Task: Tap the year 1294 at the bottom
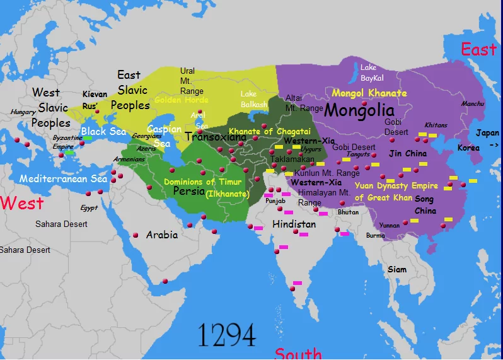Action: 226,335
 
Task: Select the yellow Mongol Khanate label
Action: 369,93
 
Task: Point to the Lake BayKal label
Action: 368,73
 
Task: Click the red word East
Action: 478,49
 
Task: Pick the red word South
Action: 298,354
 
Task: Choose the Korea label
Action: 468,148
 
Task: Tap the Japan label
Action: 487,133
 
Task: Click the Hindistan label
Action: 294,224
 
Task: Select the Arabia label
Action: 162,235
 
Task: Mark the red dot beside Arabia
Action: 135,235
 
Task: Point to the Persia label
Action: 189,191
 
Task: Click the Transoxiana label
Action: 216,136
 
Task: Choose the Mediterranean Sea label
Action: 63,179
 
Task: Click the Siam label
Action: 397,269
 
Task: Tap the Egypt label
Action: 89,207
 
